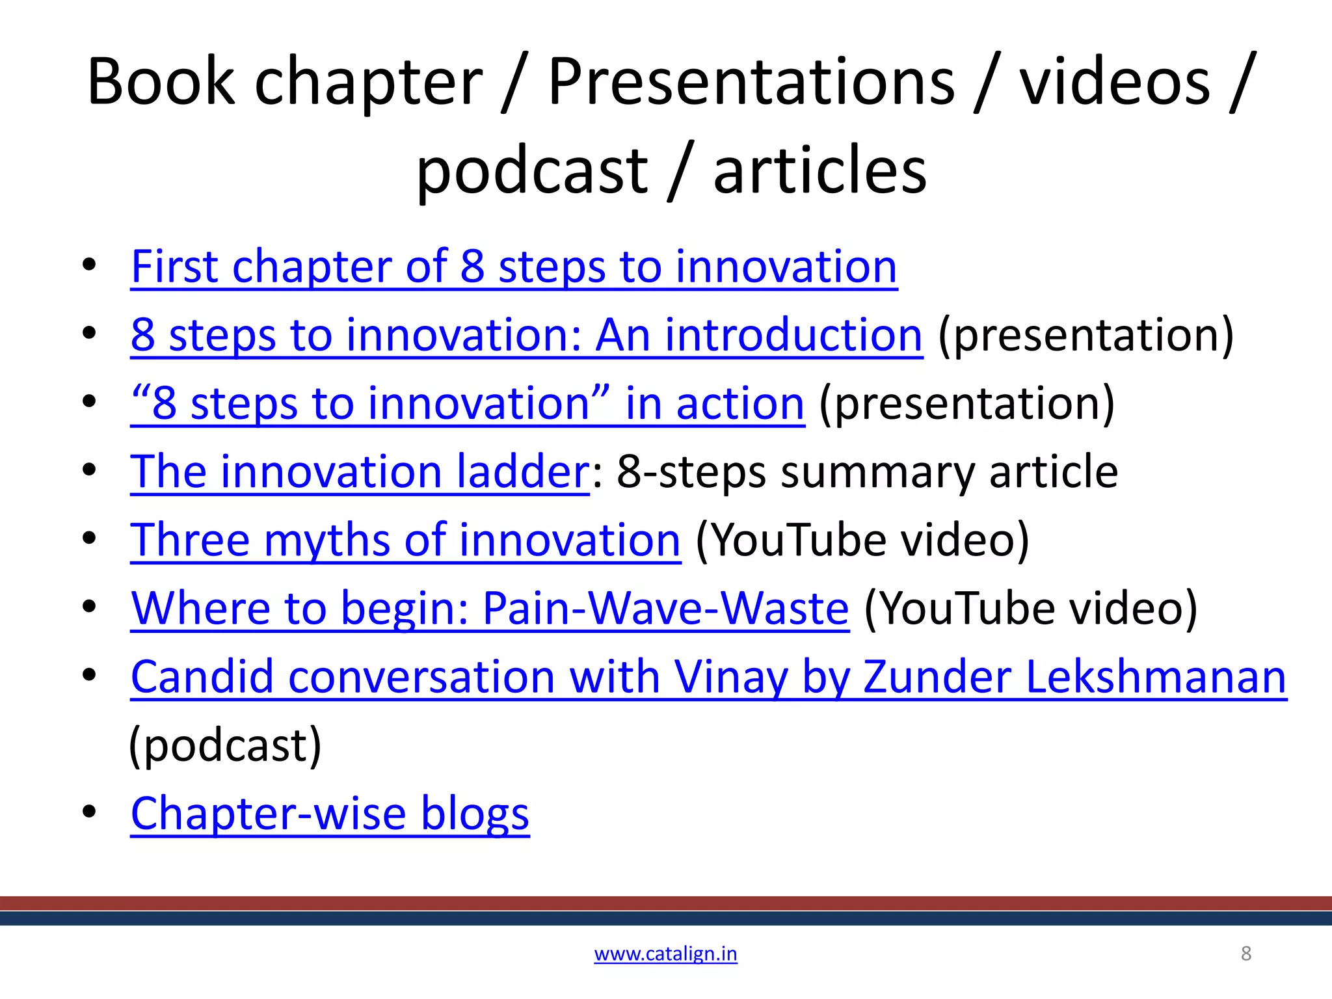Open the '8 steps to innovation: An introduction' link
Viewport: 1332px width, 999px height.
[526, 336]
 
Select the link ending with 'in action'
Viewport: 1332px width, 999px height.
[468, 404]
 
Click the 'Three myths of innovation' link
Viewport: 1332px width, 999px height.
[405, 540]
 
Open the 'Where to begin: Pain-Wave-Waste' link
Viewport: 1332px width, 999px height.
[490, 609]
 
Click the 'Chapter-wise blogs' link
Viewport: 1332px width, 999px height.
[330, 814]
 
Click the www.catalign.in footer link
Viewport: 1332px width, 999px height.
[665, 953]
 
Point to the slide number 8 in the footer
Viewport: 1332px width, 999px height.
[1245, 953]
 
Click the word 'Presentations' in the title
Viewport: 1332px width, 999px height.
[751, 82]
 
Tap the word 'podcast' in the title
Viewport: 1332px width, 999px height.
[532, 170]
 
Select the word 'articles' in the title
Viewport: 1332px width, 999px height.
[819, 170]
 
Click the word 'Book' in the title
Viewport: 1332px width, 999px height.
[160, 82]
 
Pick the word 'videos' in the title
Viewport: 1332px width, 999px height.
[1114, 82]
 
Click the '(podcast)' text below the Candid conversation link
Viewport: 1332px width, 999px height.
[225, 745]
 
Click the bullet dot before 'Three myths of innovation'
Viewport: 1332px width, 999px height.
[89, 539]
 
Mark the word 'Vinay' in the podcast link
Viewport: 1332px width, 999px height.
[730, 677]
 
